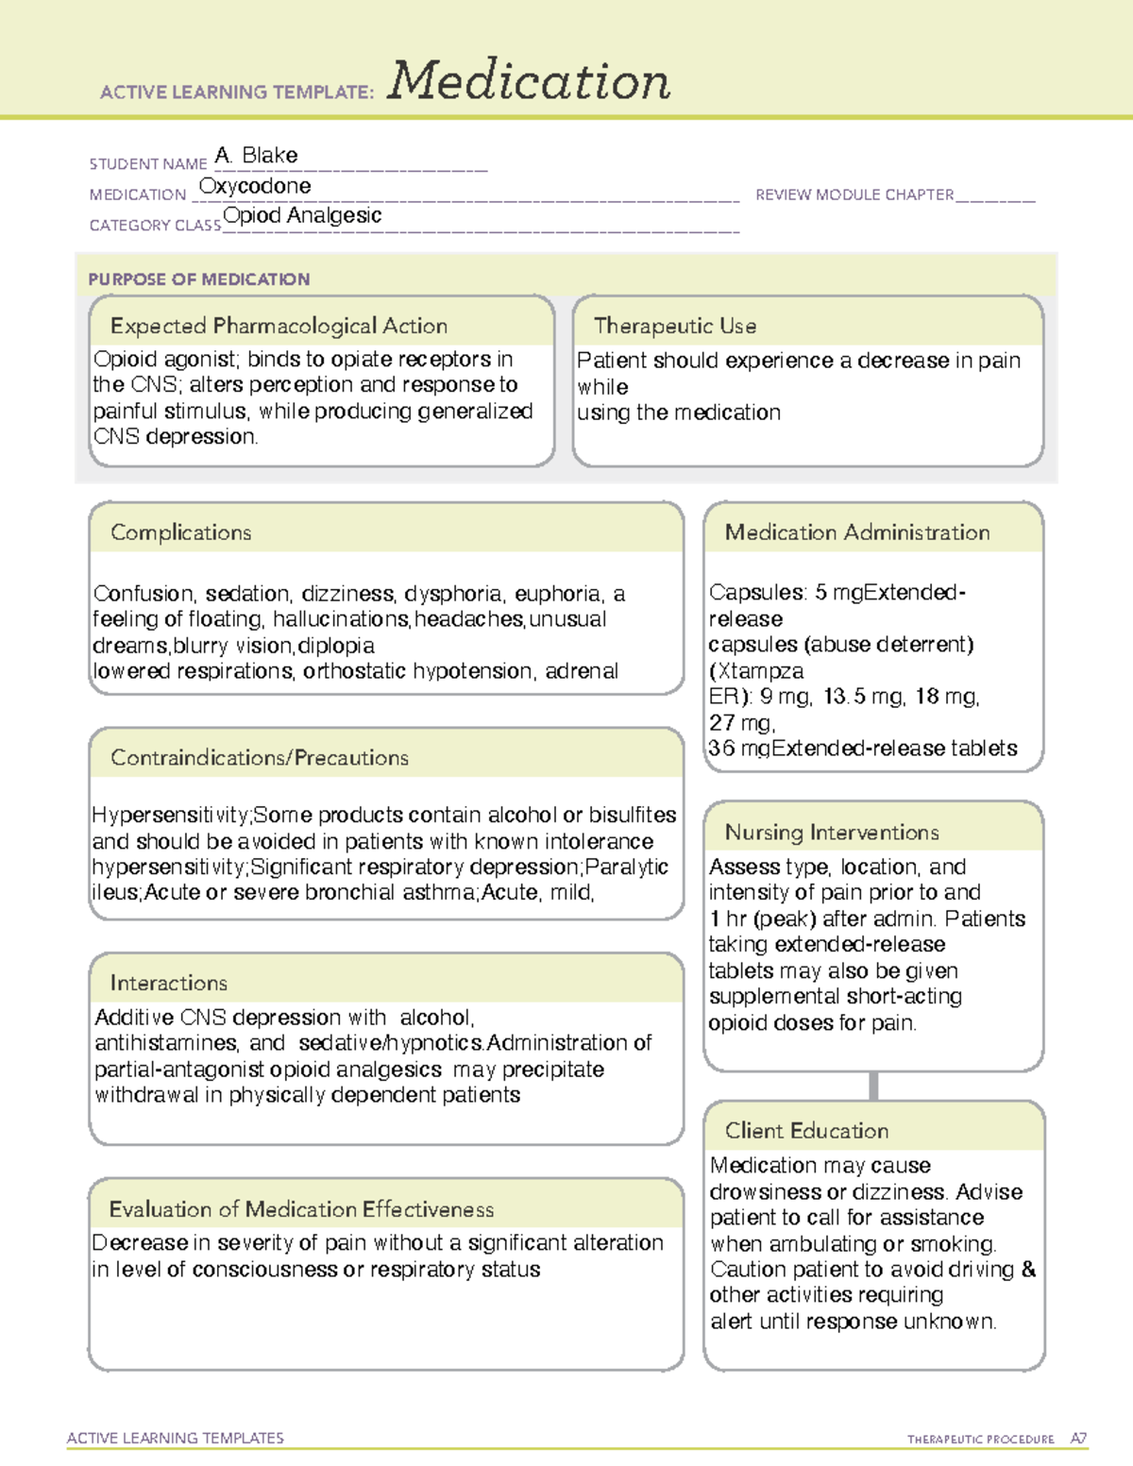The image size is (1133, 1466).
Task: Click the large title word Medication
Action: (529, 81)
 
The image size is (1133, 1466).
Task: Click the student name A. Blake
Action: (256, 155)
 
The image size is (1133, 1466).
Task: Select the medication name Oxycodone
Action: (255, 186)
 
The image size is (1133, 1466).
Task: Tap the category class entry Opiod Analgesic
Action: (302, 216)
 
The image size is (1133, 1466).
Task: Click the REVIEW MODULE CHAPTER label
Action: (854, 194)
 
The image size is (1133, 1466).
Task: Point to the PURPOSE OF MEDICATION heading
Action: (199, 279)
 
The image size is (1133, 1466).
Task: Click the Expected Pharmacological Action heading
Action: (279, 326)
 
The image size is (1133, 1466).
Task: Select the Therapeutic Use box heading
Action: (674, 326)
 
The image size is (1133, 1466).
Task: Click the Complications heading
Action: (181, 532)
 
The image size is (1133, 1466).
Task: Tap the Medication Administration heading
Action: (857, 532)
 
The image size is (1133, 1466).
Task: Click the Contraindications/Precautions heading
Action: (260, 758)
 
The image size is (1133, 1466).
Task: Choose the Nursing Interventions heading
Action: (832, 833)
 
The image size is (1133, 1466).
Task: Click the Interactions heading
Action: (169, 983)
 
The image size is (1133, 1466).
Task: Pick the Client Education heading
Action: (806, 1131)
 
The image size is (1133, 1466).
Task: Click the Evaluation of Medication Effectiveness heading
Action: (301, 1209)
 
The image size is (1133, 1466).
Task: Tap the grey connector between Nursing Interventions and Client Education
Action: (873, 1086)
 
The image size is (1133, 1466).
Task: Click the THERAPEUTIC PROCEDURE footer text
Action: (980, 1440)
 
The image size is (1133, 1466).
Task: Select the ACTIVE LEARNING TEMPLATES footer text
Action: (176, 1438)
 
